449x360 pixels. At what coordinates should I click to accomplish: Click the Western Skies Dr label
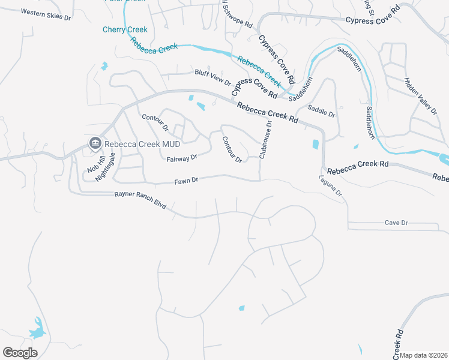[x=46, y=15]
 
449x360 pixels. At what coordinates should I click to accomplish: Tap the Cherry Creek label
[x=125, y=29]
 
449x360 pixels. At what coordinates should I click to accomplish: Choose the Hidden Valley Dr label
[x=420, y=95]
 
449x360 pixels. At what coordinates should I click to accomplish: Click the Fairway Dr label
[x=182, y=158]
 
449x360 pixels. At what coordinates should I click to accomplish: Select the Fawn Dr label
[x=186, y=181]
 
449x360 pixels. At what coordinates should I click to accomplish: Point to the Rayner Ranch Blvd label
[x=139, y=200]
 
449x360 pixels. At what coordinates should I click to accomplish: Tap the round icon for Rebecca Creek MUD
[x=94, y=143]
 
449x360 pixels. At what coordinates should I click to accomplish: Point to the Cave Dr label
[x=396, y=223]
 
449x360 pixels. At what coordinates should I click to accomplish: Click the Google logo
[x=20, y=353]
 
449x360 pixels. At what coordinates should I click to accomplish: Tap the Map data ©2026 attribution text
[x=423, y=355]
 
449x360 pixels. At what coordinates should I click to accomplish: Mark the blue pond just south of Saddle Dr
[x=316, y=144]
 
